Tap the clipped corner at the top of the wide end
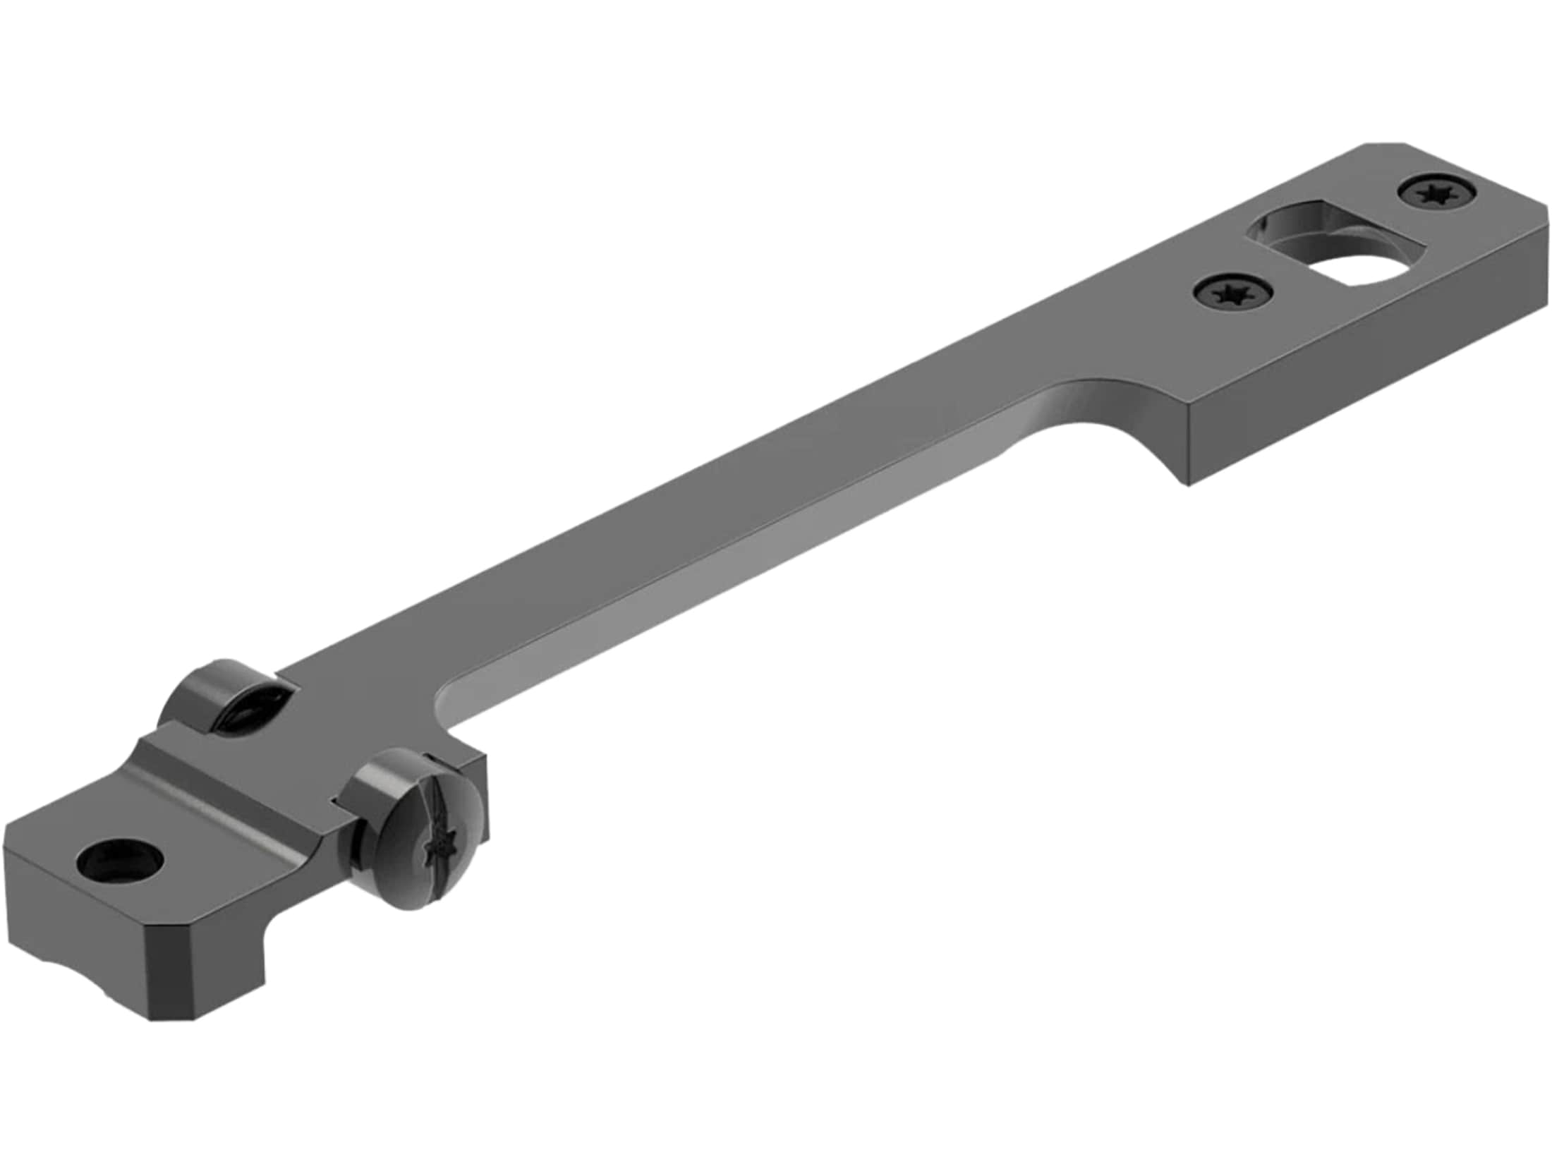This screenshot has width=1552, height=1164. [x=1358, y=150]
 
